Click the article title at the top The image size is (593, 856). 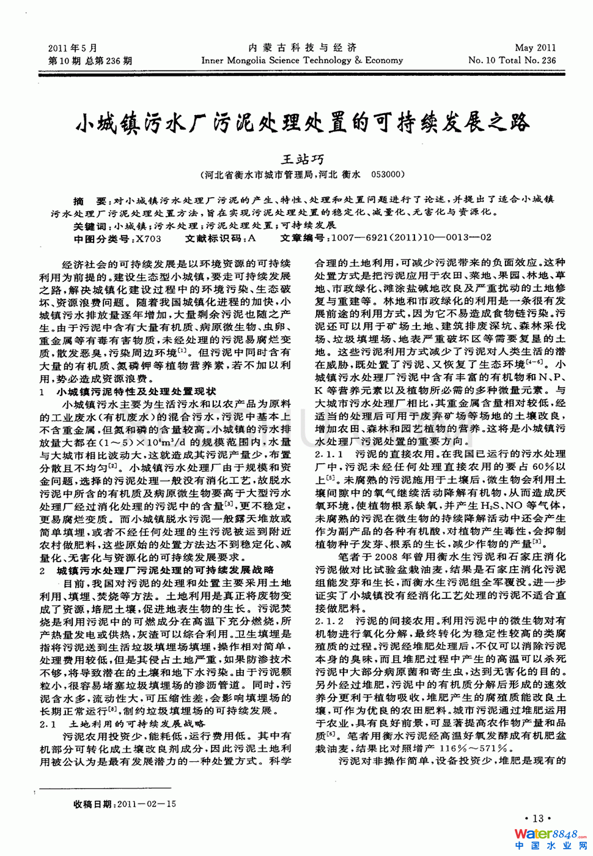pyautogui.click(x=302, y=123)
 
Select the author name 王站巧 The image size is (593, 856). pyautogui.click(x=302, y=159)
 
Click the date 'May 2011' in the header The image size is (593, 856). pyautogui.click(x=535, y=48)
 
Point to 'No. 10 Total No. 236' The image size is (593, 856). pyautogui.click(x=512, y=60)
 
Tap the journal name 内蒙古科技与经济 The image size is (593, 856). pyautogui.click(x=302, y=48)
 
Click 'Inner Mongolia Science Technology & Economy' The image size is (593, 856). pyautogui.click(x=302, y=60)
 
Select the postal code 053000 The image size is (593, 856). pyautogui.click(x=388, y=174)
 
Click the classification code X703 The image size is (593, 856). pyautogui.click(x=149, y=239)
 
